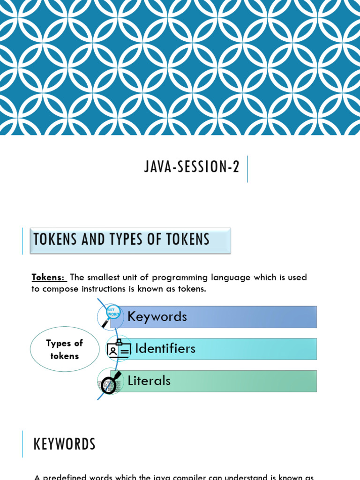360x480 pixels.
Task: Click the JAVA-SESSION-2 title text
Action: pyautogui.click(x=192, y=167)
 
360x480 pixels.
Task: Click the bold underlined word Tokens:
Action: pyautogui.click(x=48, y=277)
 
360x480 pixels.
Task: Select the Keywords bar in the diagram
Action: pyautogui.click(x=220, y=317)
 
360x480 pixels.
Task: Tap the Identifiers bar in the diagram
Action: pyautogui.click(x=225, y=349)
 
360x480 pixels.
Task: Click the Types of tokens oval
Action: pyautogui.click(x=65, y=349)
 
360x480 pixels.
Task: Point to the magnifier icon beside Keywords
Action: pyautogui.click(x=111, y=315)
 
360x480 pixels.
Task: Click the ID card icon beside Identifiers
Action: pyautogui.click(x=118, y=349)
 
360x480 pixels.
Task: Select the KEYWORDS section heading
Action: pyautogui.click(x=65, y=444)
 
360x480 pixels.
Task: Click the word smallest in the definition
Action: pyautogui.click(x=106, y=277)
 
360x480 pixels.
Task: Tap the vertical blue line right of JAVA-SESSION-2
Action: pyautogui.click(x=247, y=169)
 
